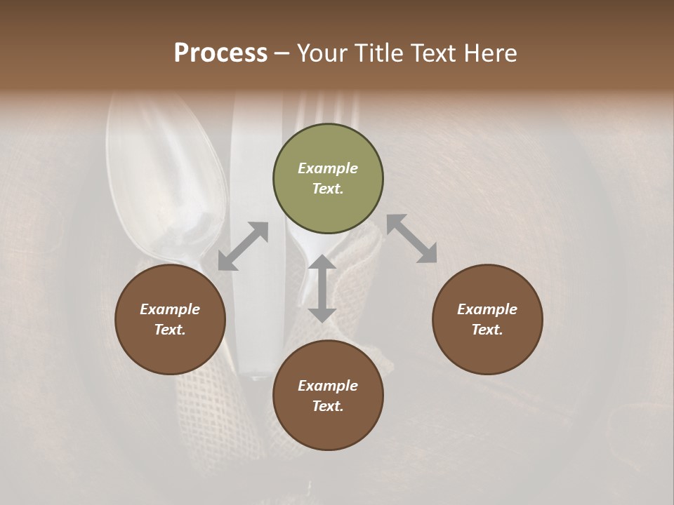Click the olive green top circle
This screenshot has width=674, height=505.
click(328, 179)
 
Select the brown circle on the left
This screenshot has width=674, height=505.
click(170, 320)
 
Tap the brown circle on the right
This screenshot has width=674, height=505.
click(487, 320)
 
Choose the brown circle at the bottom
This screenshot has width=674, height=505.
click(328, 396)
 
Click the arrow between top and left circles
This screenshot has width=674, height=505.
click(243, 246)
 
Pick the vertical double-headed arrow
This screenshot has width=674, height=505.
click(322, 288)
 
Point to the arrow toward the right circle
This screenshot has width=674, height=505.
click(411, 238)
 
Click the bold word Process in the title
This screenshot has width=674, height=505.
click(220, 53)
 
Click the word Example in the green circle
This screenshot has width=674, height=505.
click(328, 168)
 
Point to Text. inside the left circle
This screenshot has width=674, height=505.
click(170, 330)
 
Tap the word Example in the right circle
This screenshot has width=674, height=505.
click(487, 309)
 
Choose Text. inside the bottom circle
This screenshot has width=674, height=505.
click(328, 406)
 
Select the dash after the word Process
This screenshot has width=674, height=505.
click(282, 53)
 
